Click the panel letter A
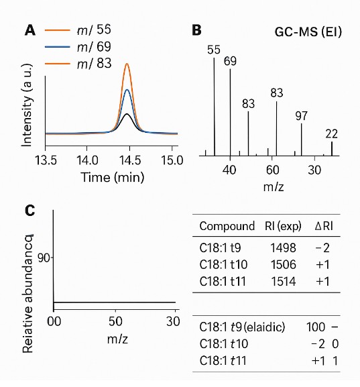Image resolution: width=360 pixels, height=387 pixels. click(x=29, y=30)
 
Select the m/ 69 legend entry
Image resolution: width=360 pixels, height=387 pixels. click(x=93, y=47)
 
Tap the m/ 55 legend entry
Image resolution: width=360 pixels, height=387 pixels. click(x=93, y=30)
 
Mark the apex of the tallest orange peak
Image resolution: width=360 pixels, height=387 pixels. click(x=127, y=64)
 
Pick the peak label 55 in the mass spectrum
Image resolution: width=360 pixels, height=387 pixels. click(x=214, y=50)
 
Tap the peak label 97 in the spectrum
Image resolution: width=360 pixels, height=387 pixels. click(x=301, y=116)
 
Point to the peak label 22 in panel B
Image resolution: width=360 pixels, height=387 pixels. click(x=331, y=133)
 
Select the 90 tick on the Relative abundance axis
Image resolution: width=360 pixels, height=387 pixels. click(x=45, y=258)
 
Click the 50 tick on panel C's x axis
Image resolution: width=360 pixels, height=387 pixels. click(x=115, y=321)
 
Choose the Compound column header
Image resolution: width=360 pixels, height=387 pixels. click(x=227, y=225)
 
